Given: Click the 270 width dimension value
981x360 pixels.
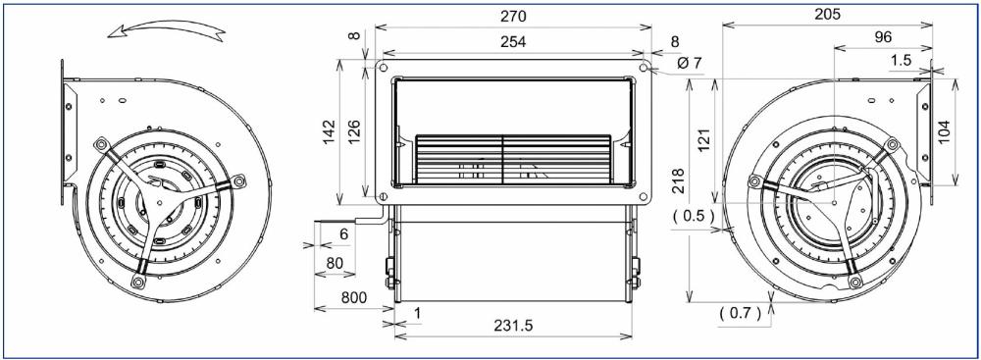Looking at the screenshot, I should pos(514,17).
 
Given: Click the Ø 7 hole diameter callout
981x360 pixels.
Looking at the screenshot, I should pos(690,64).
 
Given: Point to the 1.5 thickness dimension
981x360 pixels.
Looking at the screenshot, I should pos(901,61).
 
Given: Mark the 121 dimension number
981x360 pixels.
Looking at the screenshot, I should pos(703,141).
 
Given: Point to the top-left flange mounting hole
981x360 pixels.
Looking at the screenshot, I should pos(383,68).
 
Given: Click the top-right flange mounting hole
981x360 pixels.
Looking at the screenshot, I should pos(645,68).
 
